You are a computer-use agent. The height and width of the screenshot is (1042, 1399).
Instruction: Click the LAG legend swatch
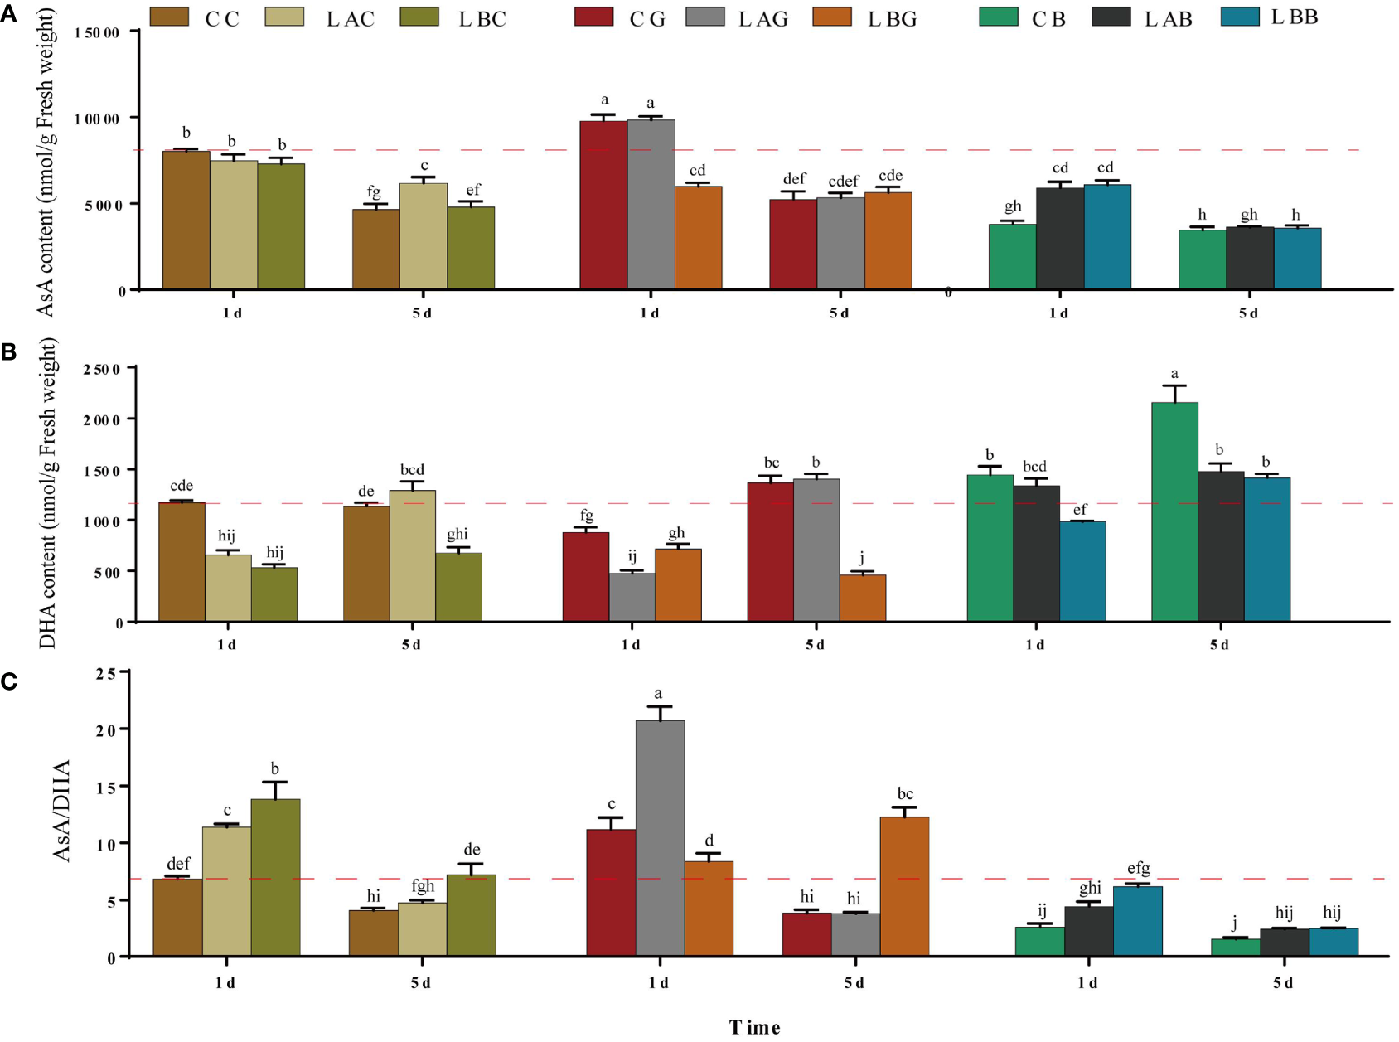pos(705,17)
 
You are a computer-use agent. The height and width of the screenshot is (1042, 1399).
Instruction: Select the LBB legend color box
pos(1240,17)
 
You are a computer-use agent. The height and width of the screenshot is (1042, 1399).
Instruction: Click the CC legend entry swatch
pos(169,17)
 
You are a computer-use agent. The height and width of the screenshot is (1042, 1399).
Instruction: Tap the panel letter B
pos(9,352)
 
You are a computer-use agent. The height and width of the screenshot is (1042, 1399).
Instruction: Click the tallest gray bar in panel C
pos(660,837)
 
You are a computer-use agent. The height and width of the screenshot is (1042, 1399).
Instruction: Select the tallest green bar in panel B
pos(1174,511)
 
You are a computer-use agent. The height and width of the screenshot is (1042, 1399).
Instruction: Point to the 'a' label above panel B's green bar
pos(1174,374)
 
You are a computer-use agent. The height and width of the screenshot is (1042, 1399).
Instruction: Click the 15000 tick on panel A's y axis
pos(98,32)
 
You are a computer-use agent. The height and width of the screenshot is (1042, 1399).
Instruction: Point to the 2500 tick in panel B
pos(102,369)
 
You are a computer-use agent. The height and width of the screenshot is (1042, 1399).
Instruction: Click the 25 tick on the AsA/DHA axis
pos(106,673)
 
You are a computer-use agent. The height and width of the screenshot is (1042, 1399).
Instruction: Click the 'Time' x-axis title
pos(754,1028)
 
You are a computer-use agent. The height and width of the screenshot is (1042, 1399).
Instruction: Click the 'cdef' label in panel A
pos(844,182)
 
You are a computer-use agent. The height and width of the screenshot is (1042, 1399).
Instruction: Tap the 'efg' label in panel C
pos(1139,869)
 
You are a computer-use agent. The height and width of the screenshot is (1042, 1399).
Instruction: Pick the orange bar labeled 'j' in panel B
pos(862,598)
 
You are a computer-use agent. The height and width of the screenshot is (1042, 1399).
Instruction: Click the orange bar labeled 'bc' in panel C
pos(904,885)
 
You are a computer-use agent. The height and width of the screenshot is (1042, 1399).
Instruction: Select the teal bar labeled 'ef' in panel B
pos(1082,570)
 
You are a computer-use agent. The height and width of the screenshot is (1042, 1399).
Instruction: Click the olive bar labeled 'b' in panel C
pos(275,877)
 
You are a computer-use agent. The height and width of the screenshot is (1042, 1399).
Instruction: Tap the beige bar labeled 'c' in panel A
pos(424,235)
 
